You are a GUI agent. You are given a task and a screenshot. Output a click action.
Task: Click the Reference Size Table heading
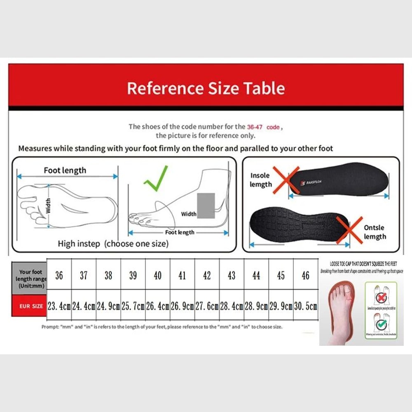tap(206, 88)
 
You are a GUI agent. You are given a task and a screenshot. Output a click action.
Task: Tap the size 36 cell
tap(59, 275)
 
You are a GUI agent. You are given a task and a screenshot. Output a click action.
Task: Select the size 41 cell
tap(182, 275)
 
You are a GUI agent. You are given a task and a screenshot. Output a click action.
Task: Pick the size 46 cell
tap(305, 275)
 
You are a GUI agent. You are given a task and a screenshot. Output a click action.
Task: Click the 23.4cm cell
tap(59, 307)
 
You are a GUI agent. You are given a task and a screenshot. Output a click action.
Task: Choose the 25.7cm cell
tap(133, 307)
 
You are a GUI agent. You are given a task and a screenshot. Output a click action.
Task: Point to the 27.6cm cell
tap(207, 307)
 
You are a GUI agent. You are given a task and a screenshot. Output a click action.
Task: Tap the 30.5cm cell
tap(305, 307)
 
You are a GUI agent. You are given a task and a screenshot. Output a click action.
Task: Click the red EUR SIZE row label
tap(29, 306)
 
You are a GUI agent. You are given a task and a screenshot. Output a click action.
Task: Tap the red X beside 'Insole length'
tap(286, 180)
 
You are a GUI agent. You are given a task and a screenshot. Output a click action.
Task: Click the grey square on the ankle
tap(206, 206)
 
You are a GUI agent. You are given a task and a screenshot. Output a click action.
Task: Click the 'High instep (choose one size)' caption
tap(113, 243)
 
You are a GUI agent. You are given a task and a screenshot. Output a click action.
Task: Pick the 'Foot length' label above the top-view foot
tap(65, 170)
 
